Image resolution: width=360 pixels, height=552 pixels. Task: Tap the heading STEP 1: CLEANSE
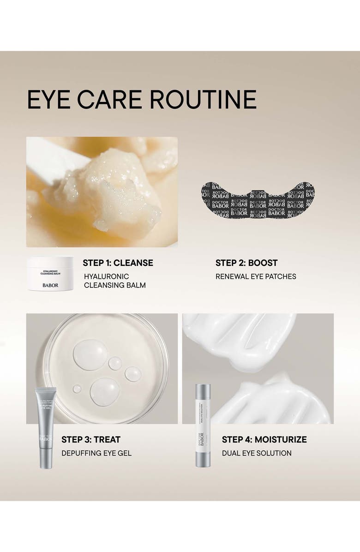click(118, 263)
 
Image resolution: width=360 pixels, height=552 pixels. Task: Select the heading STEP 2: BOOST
click(246, 263)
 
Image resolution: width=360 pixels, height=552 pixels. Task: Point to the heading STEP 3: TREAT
click(91, 439)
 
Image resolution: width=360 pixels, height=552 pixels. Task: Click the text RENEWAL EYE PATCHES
click(256, 276)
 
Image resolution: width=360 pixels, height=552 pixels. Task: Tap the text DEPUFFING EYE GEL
click(96, 453)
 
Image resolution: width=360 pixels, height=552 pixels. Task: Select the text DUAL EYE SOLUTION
click(257, 453)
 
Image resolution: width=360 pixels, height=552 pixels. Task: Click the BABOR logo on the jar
click(50, 285)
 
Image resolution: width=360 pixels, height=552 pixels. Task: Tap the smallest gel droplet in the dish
click(77, 389)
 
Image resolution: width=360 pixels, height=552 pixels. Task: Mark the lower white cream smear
click(272, 402)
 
